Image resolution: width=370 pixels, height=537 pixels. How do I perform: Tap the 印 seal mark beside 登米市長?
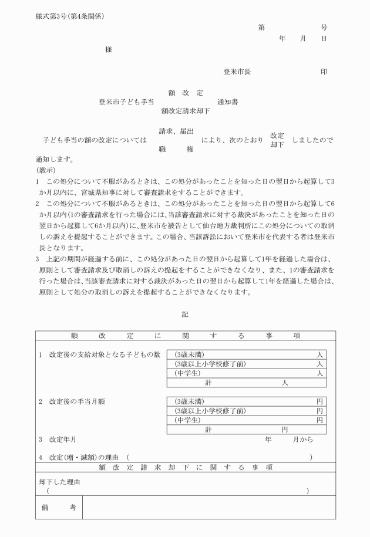click(324, 72)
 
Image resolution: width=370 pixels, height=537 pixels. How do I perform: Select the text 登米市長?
click(237, 72)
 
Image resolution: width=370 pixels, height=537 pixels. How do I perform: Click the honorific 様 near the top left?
click(109, 50)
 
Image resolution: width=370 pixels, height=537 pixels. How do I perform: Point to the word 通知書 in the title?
click(227, 102)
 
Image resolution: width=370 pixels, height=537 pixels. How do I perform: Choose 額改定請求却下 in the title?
click(185, 110)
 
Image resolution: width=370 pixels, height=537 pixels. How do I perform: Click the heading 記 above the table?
click(185, 315)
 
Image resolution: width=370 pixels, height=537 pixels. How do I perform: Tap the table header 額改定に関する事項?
click(185, 336)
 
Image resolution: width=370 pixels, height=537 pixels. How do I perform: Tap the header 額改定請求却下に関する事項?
click(185, 467)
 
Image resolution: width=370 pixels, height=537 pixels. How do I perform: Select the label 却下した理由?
click(59, 482)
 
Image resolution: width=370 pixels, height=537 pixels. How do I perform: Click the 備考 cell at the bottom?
click(58, 507)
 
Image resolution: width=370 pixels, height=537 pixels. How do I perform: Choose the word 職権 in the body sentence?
click(176, 150)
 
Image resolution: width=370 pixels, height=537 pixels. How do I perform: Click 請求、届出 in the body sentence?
click(176, 131)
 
